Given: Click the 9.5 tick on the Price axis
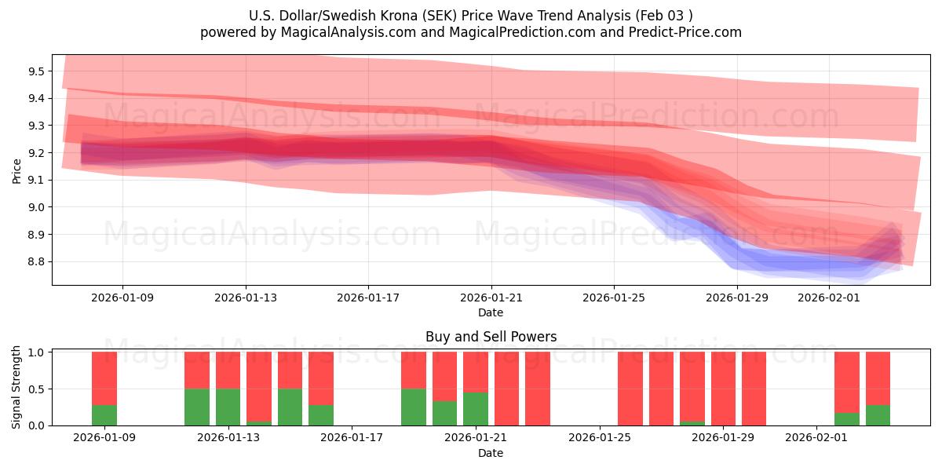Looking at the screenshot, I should tap(36, 71).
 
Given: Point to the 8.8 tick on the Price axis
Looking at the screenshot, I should tap(36, 261).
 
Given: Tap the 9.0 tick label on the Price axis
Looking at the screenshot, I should tap(36, 207).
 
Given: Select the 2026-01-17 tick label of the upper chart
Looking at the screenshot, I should tap(368, 298).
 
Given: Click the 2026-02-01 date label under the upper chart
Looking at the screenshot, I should tap(829, 298).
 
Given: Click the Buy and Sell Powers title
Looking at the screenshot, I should tap(491, 337).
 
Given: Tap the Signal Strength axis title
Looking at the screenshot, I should tap(16, 387).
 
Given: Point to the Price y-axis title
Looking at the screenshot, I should tap(16, 170).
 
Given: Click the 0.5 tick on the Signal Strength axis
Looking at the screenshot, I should tap(36, 389).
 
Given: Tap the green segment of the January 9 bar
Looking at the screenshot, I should tap(104, 415).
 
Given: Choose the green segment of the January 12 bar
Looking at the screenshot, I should tap(197, 407).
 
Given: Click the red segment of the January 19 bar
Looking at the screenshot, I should tap(414, 370).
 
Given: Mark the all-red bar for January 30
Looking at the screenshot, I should tap(754, 389).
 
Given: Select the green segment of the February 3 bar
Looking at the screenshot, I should tap(878, 415).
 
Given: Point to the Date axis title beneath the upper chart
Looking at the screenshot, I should tap(491, 312).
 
